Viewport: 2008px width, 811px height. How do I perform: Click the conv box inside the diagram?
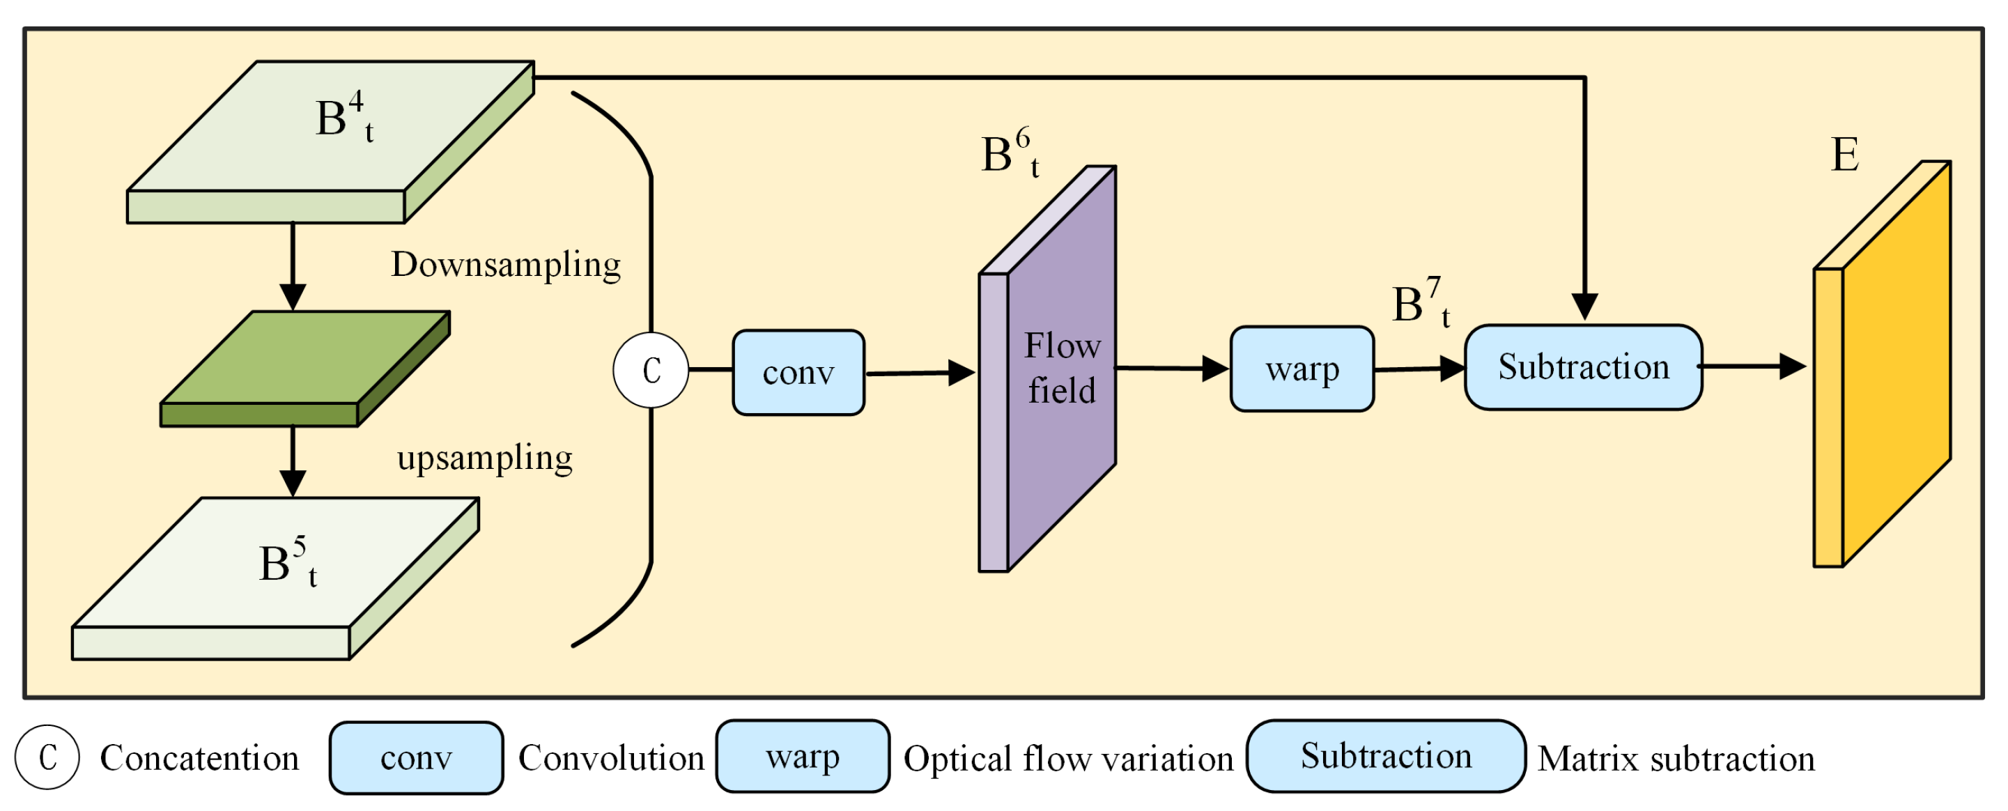tap(798, 373)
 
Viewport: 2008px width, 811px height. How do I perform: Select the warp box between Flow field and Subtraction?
tap(1302, 369)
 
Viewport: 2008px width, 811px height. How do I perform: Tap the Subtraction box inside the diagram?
tap(1583, 367)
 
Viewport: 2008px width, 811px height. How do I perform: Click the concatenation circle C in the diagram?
tap(651, 370)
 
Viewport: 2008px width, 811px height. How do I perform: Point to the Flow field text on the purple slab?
tap(1062, 368)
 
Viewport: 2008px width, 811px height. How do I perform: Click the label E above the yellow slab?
tap(1844, 155)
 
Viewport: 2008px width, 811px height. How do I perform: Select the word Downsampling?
tap(505, 264)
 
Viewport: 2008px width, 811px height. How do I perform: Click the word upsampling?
tap(485, 458)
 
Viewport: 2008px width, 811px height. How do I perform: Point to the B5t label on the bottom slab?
tap(287, 563)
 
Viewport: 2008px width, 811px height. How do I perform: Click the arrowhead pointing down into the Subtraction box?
tap(1584, 307)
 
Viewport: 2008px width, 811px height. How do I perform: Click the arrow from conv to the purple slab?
tap(920, 373)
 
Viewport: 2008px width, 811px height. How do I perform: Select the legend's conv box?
tap(416, 758)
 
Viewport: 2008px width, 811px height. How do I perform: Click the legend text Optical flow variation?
tap(1068, 759)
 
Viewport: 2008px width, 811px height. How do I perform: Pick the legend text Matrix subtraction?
tap(1676, 759)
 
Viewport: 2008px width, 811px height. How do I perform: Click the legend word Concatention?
tap(199, 758)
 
